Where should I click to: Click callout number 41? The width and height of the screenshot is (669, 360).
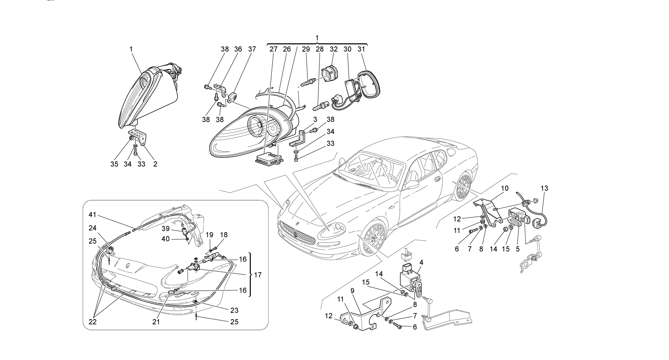point(92,215)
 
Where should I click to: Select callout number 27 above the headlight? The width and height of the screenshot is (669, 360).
point(273,49)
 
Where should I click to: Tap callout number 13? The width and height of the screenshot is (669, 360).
point(544,188)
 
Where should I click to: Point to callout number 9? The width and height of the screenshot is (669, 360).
point(352,290)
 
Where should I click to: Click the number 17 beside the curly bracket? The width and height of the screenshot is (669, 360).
point(258,275)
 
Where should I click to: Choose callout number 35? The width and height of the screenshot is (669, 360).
point(114,164)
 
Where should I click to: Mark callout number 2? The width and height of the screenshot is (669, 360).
point(155,164)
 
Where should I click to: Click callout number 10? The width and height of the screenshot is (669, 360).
point(505,188)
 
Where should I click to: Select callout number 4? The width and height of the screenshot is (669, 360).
point(421,262)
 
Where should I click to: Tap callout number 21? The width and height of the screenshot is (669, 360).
point(156,322)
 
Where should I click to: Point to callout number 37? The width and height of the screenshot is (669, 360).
point(252,49)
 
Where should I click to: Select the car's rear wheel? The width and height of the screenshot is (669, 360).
point(463,187)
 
